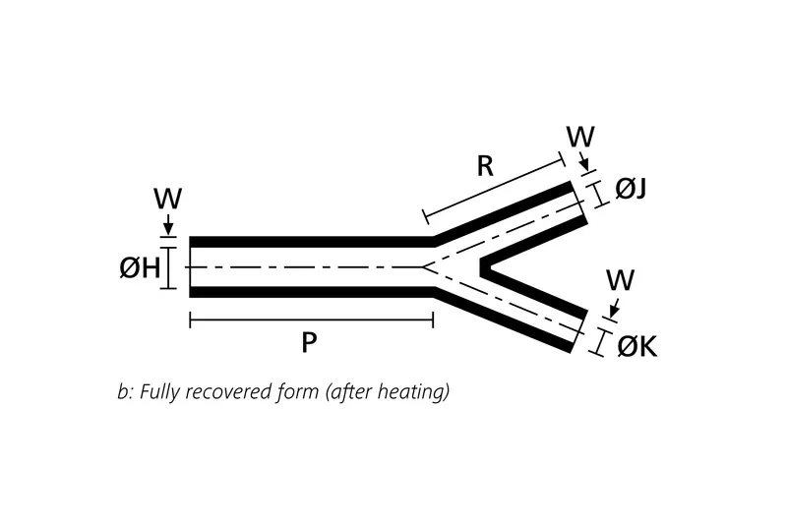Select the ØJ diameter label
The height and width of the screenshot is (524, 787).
631,189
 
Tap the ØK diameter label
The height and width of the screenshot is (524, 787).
636,346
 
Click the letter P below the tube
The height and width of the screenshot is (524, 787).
309,342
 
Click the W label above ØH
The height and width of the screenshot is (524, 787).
167,199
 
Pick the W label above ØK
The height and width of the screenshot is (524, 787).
620,279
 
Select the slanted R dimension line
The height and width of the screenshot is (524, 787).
492,186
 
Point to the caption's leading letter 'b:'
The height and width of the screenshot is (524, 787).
124,391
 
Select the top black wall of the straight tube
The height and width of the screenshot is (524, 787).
310,242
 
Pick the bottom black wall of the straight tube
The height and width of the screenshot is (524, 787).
310,291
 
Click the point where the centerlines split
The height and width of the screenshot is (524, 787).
424,266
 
